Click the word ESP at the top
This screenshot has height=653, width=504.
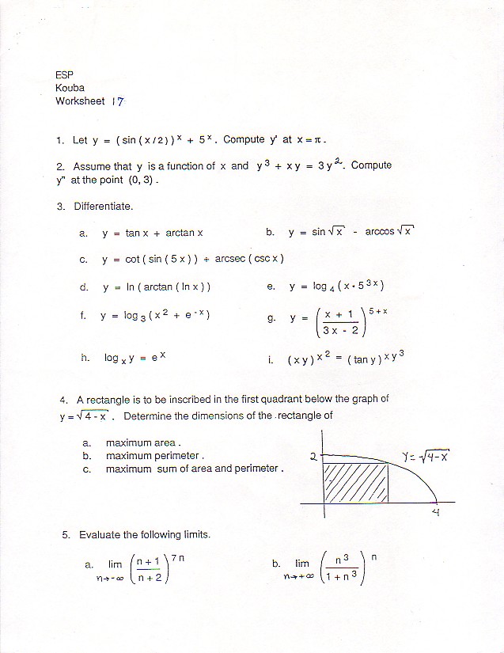pos(64,75)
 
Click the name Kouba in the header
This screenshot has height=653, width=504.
pos(70,88)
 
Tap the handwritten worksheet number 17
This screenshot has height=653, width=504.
pos(118,101)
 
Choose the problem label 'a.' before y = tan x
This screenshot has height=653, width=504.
pos(83,233)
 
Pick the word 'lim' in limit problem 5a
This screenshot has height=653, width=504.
pos(116,564)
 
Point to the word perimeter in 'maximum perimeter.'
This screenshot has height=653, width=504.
pos(178,456)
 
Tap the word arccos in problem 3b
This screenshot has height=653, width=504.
pos(379,233)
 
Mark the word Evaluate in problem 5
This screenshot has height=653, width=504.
pos(100,535)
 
